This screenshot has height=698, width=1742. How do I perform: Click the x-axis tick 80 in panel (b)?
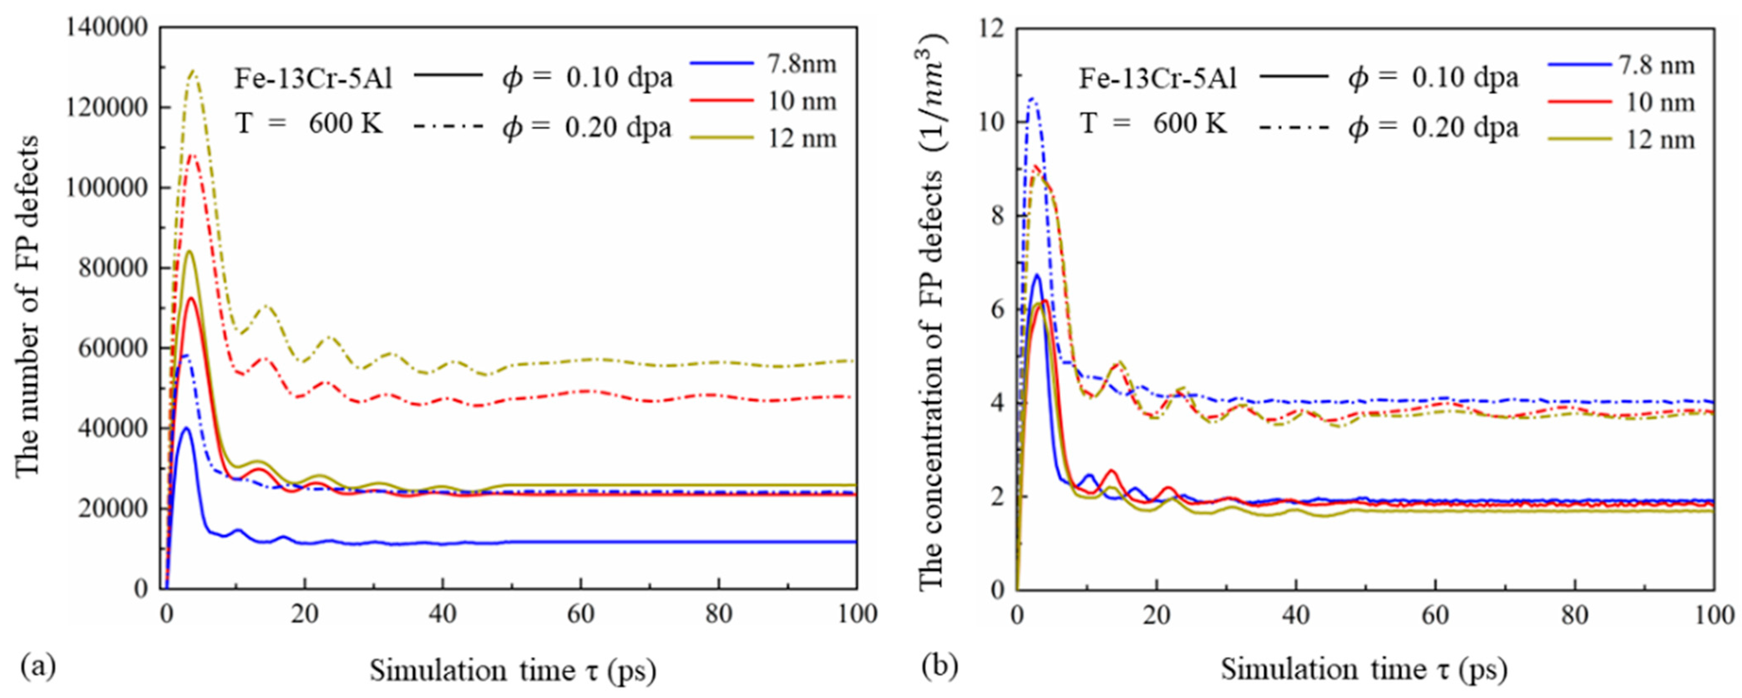tap(1574, 614)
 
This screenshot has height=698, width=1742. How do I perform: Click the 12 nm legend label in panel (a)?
tap(802, 139)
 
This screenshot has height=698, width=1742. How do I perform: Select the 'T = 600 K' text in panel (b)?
tap(1152, 124)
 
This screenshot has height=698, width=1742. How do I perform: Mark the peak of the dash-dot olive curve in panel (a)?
tap(194, 70)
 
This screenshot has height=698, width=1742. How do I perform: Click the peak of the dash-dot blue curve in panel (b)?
tap(1032, 99)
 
